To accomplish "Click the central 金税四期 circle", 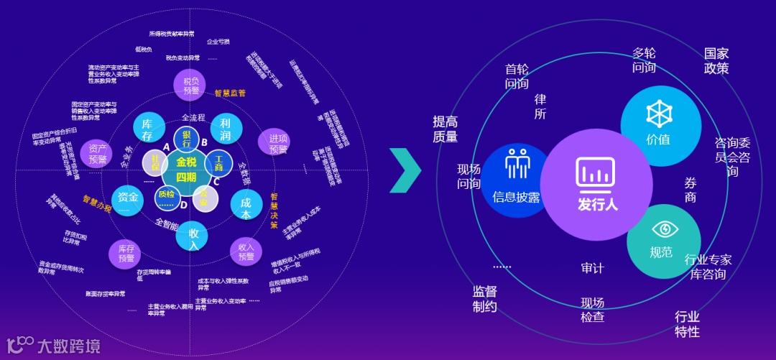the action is point(185,167).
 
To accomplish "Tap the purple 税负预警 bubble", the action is point(190,86).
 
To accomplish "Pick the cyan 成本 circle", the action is point(246,205).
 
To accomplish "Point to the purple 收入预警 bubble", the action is point(246,251).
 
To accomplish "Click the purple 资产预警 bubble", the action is point(97,153).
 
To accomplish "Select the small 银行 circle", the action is point(186,137).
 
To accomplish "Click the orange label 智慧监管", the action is point(230,93).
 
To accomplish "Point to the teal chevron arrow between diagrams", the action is point(405,171).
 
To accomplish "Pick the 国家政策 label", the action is point(716,61).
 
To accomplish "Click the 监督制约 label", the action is point(484,299).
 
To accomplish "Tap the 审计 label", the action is point(593,268).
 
